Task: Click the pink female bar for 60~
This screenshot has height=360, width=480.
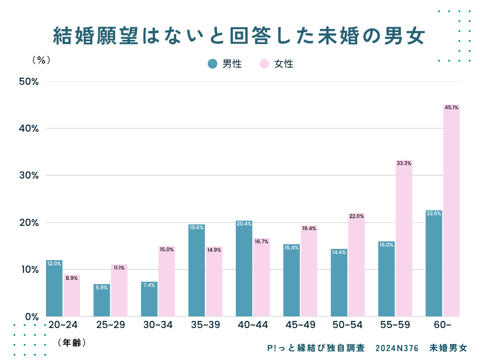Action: tap(451, 211)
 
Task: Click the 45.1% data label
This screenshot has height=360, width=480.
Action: tap(451, 107)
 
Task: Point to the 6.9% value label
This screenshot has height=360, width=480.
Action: tap(101, 287)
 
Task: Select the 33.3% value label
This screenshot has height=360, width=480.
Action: tap(404, 163)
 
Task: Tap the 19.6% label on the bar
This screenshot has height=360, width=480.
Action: tap(196, 227)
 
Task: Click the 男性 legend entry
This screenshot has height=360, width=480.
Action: tap(225, 64)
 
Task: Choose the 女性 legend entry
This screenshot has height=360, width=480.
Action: tap(277, 64)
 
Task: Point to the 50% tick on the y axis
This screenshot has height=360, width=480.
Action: tap(29, 82)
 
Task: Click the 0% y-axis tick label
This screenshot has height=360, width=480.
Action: tap(31, 317)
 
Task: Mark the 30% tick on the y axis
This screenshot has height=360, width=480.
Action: tap(29, 176)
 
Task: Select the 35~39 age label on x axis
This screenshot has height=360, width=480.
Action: tap(205, 325)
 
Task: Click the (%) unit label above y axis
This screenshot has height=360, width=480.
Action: tap(41, 60)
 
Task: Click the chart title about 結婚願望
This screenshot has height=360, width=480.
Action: tap(239, 36)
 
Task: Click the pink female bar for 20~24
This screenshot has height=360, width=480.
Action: tap(72, 295)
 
